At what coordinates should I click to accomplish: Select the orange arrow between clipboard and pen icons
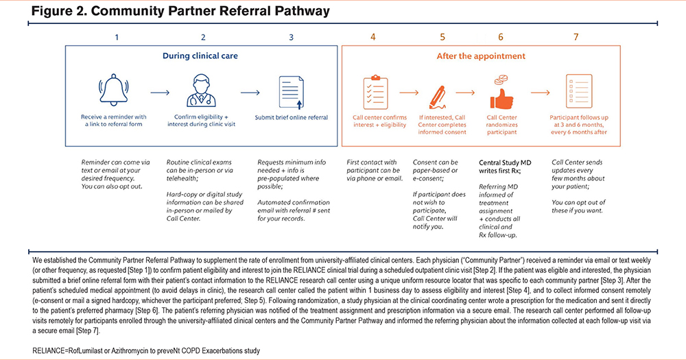408,92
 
